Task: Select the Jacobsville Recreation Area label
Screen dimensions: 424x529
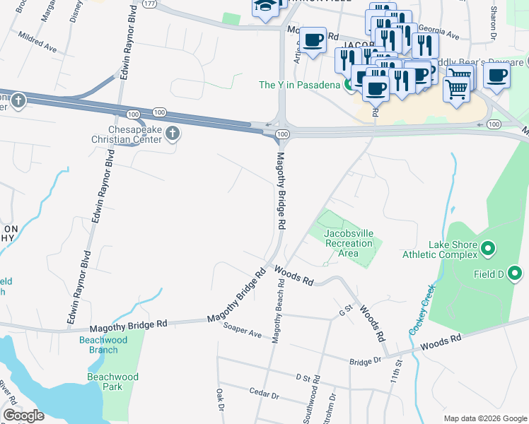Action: tap(348, 243)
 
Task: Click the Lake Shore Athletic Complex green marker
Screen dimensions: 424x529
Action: tap(488, 249)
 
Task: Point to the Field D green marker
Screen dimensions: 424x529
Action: tap(514, 273)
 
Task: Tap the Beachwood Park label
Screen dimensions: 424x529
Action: tap(112, 382)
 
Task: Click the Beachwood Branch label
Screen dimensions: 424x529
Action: tap(103, 345)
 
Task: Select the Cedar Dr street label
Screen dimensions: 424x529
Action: tap(266, 391)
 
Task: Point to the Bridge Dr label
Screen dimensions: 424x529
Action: tap(366, 361)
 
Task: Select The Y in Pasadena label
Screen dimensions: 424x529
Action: tap(301, 85)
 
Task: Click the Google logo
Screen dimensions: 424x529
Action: tap(23, 416)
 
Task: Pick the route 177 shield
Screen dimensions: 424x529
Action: tap(149, 3)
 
